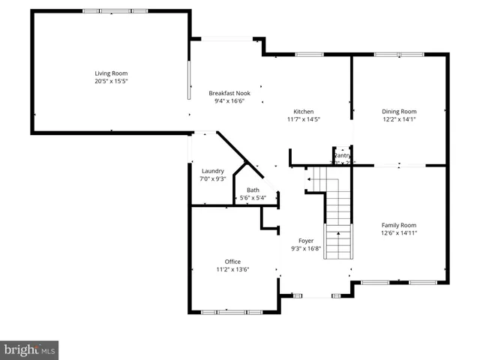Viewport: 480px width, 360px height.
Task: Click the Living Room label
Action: click(x=111, y=73)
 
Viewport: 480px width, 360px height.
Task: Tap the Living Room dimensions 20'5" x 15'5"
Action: click(x=111, y=81)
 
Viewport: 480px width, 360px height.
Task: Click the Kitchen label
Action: click(x=303, y=111)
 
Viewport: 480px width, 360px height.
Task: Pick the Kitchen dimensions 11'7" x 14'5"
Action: click(x=303, y=118)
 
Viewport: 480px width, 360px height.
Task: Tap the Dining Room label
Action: click(x=399, y=111)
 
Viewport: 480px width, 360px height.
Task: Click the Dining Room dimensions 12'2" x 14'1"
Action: click(x=399, y=118)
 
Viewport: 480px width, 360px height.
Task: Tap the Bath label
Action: click(x=253, y=190)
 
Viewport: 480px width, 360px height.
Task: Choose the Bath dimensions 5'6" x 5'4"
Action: click(x=253, y=198)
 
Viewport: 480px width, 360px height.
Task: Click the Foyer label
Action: click(x=306, y=241)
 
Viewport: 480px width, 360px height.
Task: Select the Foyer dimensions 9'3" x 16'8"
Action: click(x=306, y=248)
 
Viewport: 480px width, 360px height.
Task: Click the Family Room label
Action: click(x=399, y=225)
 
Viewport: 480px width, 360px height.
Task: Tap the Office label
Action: click(x=232, y=261)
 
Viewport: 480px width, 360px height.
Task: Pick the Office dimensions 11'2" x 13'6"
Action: click(x=232, y=268)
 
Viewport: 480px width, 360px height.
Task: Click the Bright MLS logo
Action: click(x=29, y=350)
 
